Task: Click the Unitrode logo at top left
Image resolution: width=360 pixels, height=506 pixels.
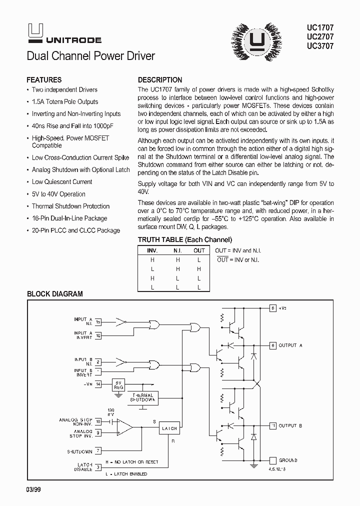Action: coord(63,34)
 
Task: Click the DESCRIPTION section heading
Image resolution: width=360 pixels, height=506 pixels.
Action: coord(159,80)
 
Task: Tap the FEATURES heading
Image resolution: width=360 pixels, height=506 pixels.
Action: coord(44,80)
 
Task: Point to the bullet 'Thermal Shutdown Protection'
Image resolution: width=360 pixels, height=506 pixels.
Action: coord(70,206)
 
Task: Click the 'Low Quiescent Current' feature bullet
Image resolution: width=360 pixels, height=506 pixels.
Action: coord(62,182)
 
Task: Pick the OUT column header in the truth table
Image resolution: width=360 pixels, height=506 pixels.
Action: coord(199,250)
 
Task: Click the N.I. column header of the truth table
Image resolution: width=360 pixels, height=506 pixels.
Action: coord(177,250)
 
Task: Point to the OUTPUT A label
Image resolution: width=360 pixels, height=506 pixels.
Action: coord(290,345)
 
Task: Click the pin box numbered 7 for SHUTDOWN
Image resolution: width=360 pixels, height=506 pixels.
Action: coord(98,451)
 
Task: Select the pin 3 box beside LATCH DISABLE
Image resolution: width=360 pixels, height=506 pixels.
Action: coord(98,467)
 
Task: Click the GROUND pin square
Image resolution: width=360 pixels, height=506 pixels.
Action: coord(272,460)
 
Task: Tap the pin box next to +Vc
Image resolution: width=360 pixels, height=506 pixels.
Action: coord(272,308)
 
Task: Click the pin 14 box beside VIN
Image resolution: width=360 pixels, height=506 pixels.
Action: coord(98,384)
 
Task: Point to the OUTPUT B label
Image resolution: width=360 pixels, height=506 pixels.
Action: coord(290,425)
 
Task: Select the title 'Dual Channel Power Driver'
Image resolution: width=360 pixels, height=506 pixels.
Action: coord(90,56)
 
